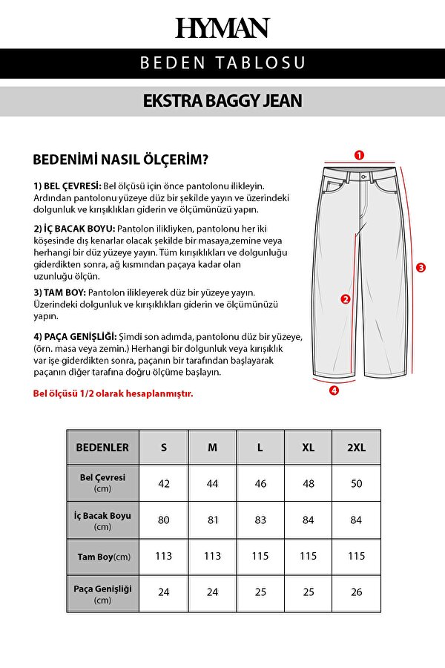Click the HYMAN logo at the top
[x=222, y=28]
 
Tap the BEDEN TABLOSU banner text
[x=222, y=63]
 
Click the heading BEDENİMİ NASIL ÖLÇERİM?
[x=121, y=160]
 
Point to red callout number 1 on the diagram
[x=359, y=156]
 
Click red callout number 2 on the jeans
[x=345, y=300]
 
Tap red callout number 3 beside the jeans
[x=421, y=267]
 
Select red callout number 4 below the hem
[x=334, y=390]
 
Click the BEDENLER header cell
[x=102, y=448]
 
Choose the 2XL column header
[x=356, y=448]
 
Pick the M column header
[x=212, y=448]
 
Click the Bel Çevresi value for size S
[x=164, y=483]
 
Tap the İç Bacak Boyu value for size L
[x=260, y=520]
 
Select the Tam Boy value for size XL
[x=308, y=556]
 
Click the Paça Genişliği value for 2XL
[x=356, y=592]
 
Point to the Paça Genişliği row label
[x=102, y=593]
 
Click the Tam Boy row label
[x=102, y=557]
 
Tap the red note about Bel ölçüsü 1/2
[x=113, y=393]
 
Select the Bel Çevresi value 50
[x=356, y=483]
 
